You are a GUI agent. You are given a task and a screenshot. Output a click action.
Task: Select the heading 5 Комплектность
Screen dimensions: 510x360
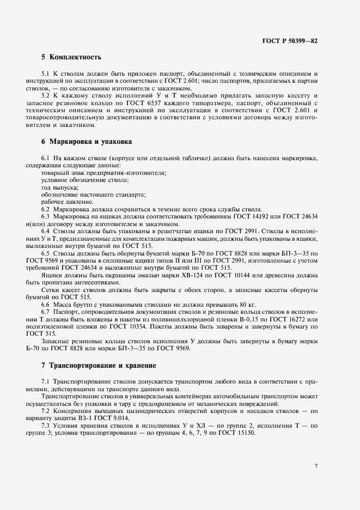pos(71,57)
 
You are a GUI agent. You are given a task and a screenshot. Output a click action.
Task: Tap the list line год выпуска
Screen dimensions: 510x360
pos(60,187)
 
